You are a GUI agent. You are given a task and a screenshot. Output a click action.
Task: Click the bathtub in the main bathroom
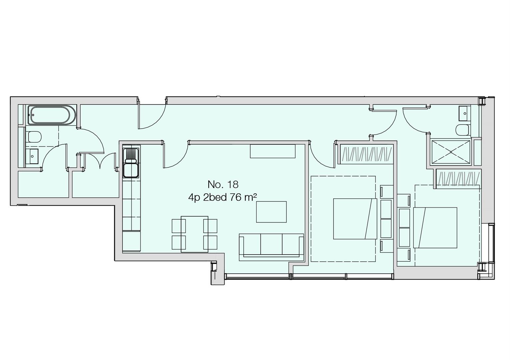click(x=49, y=115)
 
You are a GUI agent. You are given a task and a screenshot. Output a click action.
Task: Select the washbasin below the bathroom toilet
click(x=32, y=156)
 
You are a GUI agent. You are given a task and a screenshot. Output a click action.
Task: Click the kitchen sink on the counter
click(x=131, y=163)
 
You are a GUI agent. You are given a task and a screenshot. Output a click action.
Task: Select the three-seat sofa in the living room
click(x=271, y=247)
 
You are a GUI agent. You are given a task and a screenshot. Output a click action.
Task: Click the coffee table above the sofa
click(x=271, y=212)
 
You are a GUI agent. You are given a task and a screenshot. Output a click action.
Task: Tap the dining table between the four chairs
click(x=194, y=234)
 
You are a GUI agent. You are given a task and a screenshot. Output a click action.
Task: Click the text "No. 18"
click(x=223, y=184)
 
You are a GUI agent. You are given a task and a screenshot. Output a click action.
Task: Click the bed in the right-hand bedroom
click(x=435, y=228)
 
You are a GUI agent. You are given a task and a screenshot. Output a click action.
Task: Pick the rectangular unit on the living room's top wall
click(x=273, y=151)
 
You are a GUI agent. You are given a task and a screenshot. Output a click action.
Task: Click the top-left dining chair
click(x=179, y=226)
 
